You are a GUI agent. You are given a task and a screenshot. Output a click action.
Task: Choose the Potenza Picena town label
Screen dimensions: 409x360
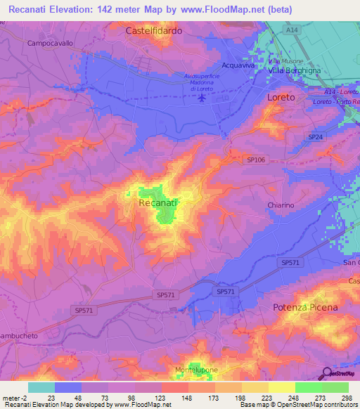[305, 308]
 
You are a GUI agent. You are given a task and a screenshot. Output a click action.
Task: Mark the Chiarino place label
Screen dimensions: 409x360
[281, 204]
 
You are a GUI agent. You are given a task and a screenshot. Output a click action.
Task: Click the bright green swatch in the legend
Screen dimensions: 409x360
[309, 387]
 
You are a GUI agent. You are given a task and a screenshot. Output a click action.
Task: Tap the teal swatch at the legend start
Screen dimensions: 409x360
[41, 387]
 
